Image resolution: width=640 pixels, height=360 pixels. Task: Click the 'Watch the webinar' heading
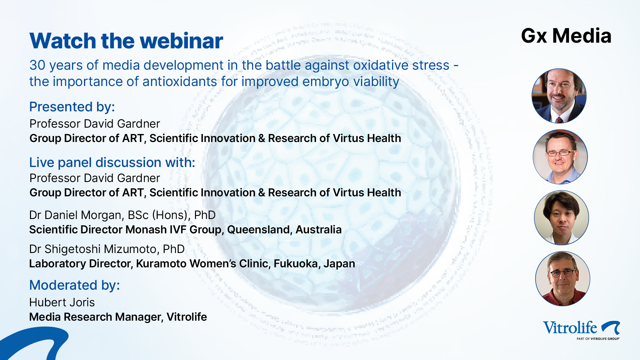click(126, 41)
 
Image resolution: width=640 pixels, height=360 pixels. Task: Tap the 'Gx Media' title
click(566, 36)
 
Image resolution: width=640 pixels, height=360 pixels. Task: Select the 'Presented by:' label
click(72, 107)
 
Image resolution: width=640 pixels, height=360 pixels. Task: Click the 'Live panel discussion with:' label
click(112, 163)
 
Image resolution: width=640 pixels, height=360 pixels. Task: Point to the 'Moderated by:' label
click(74, 285)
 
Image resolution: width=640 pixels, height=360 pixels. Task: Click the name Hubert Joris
click(62, 302)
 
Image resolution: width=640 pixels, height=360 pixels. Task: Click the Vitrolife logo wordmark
click(570, 328)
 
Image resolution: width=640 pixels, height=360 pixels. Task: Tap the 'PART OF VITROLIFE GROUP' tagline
click(598, 339)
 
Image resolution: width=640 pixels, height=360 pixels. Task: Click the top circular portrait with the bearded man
click(559, 96)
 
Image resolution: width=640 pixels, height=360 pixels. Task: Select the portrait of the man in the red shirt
click(563, 279)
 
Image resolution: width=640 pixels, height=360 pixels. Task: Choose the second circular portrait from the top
click(560, 157)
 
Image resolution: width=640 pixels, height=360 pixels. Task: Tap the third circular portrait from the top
click(561, 218)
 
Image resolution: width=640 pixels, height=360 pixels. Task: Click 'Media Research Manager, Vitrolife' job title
click(118, 317)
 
